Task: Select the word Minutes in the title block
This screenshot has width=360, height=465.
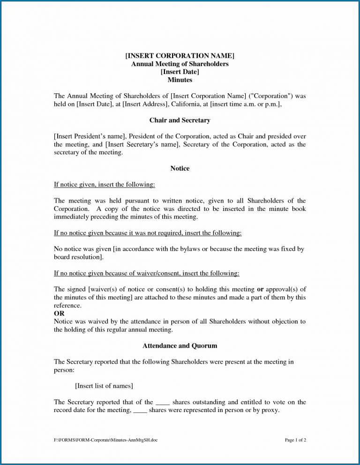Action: pyautogui.click(x=180, y=80)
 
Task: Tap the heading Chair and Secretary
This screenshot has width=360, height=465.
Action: pyautogui.click(x=180, y=120)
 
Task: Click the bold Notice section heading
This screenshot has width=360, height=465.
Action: pyautogui.click(x=180, y=168)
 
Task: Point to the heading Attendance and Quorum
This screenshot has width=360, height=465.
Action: pyautogui.click(x=180, y=346)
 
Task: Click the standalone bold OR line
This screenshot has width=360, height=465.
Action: pyautogui.click(x=60, y=313)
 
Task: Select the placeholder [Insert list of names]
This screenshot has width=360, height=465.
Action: pyautogui.click(x=104, y=386)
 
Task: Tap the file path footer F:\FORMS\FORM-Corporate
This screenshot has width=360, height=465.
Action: pyautogui.click(x=105, y=441)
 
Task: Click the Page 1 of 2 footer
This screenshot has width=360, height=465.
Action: pyautogui.click(x=295, y=441)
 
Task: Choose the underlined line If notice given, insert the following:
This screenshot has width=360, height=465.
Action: pyautogui.click(x=104, y=185)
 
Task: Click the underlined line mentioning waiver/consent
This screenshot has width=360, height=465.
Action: pyautogui.click(x=146, y=273)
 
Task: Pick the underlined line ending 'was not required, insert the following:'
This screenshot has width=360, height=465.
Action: pyautogui.click(x=148, y=233)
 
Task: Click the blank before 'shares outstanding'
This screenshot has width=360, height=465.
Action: pyautogui.click(x=162, y=402)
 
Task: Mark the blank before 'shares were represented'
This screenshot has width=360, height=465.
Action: pyautogui.click(x=140, y=410)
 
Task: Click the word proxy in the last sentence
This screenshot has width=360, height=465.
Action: pyautogui.click(x=270, y=410)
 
